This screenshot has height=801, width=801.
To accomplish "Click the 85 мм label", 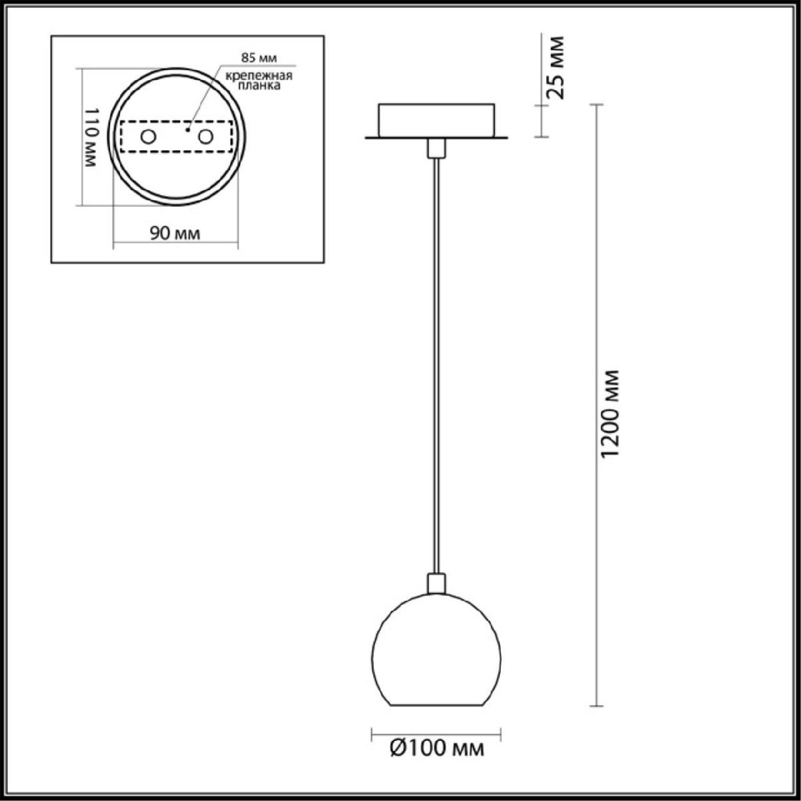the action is (259, 58).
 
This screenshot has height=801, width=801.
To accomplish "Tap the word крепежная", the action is (259, 76).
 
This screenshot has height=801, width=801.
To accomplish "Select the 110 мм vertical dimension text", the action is (91, 138).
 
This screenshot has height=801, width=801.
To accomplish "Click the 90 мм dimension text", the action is (175, 234).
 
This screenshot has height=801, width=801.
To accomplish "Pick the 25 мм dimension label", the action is (556, 68).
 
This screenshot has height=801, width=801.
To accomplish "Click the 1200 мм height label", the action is (611, 414).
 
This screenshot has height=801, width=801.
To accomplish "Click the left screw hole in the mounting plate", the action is (148, 137).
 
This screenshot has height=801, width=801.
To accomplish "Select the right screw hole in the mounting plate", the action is (206, 137).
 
